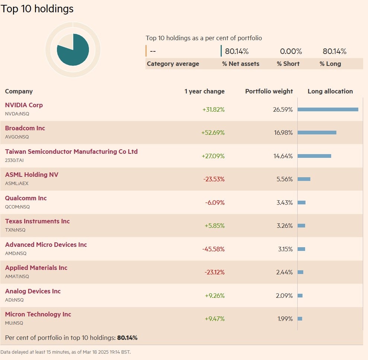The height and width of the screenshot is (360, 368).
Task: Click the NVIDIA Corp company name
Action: pos(24,105)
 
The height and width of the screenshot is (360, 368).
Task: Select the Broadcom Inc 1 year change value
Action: pos(213,133)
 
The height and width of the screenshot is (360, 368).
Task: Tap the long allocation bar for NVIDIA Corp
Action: pos(328,109)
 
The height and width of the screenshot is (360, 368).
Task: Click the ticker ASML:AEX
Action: pos(17,184)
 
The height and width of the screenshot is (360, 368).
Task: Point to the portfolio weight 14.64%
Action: pos(283,156)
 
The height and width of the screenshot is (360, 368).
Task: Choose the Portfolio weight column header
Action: pos(269,91)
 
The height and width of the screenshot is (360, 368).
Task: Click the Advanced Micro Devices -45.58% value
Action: pos(213,249)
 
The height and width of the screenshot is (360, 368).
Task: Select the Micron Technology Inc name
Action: pos(38,314)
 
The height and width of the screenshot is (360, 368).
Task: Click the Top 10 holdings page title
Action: pos(37,9)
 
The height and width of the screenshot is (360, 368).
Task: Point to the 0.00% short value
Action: pos(291,51)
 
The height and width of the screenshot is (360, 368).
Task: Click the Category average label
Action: pos(173,64)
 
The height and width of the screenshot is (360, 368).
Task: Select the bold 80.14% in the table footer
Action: pos(127,338)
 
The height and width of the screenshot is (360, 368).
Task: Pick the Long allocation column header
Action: pos(330,91)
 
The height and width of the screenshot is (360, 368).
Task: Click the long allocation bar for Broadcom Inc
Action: pos(317,133)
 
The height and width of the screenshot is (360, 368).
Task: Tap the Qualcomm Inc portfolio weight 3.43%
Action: pos(284,203)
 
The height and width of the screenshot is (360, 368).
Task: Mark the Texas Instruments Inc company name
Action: pos(37,221)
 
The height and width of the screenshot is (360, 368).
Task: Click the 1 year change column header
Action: pos(204,91)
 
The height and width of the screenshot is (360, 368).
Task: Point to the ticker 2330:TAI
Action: pos(14,160)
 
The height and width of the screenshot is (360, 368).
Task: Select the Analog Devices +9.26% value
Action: pos(214,296)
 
